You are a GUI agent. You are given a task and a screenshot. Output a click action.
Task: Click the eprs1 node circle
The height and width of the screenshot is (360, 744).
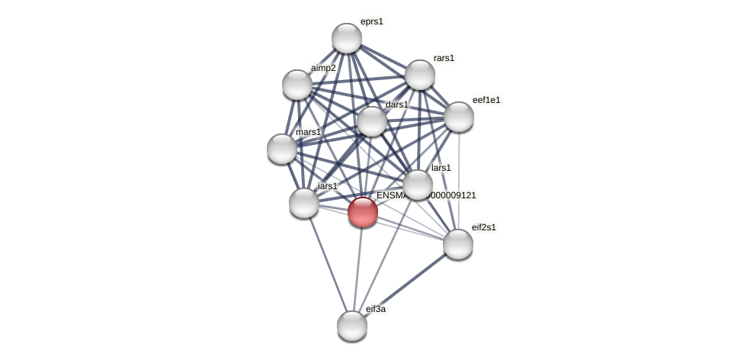click(x=347, y=38)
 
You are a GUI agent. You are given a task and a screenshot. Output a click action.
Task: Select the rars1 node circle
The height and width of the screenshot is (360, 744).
click(x=420, y=75)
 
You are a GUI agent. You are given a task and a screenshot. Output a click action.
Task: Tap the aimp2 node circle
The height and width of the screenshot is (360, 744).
click(x=297, y=85)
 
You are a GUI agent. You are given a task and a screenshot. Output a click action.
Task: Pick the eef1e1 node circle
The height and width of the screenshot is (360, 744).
click(x=459, y=117)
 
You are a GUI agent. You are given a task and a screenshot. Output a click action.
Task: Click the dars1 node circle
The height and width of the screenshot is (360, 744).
click(x=372, y=121)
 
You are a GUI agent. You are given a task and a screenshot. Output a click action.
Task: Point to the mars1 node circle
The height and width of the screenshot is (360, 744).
click(x=282, y=149)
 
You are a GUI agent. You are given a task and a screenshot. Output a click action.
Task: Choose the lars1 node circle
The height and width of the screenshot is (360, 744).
click(x=418, y=185)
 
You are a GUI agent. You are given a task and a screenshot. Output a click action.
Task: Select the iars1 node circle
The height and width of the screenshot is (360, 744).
click(x=304, y=203)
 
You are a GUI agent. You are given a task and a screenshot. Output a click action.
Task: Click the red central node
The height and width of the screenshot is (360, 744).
click(x=363, y=212)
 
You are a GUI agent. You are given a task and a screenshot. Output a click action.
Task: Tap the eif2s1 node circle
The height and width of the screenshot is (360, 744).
click(x=458, y=244)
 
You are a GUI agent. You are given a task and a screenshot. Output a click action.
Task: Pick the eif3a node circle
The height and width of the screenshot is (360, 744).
click(x=352, y=326)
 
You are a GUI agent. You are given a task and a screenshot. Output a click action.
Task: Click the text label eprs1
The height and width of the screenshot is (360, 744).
click(x=372, y=21)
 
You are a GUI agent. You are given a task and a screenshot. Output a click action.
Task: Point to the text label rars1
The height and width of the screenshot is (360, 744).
click(x=444, y=58)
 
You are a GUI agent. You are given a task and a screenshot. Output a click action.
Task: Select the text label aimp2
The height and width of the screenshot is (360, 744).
click(x=323, y=68)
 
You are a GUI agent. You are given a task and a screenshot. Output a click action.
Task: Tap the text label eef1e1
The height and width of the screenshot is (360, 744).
click(x=486, y=100)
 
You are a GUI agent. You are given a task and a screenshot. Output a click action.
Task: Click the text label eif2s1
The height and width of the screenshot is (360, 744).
click(x=483, y=227)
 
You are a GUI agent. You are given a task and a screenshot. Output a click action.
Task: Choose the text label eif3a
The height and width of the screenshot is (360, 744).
click(x=376, y=309)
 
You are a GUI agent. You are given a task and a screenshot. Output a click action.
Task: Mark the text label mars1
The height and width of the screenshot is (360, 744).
click(x=309, y=132)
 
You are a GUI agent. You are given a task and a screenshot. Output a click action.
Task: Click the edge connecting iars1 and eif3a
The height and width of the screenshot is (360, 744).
click(x=328, y=263)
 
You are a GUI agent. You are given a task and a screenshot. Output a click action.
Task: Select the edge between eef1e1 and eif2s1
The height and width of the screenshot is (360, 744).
click(x=459, y=180)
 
